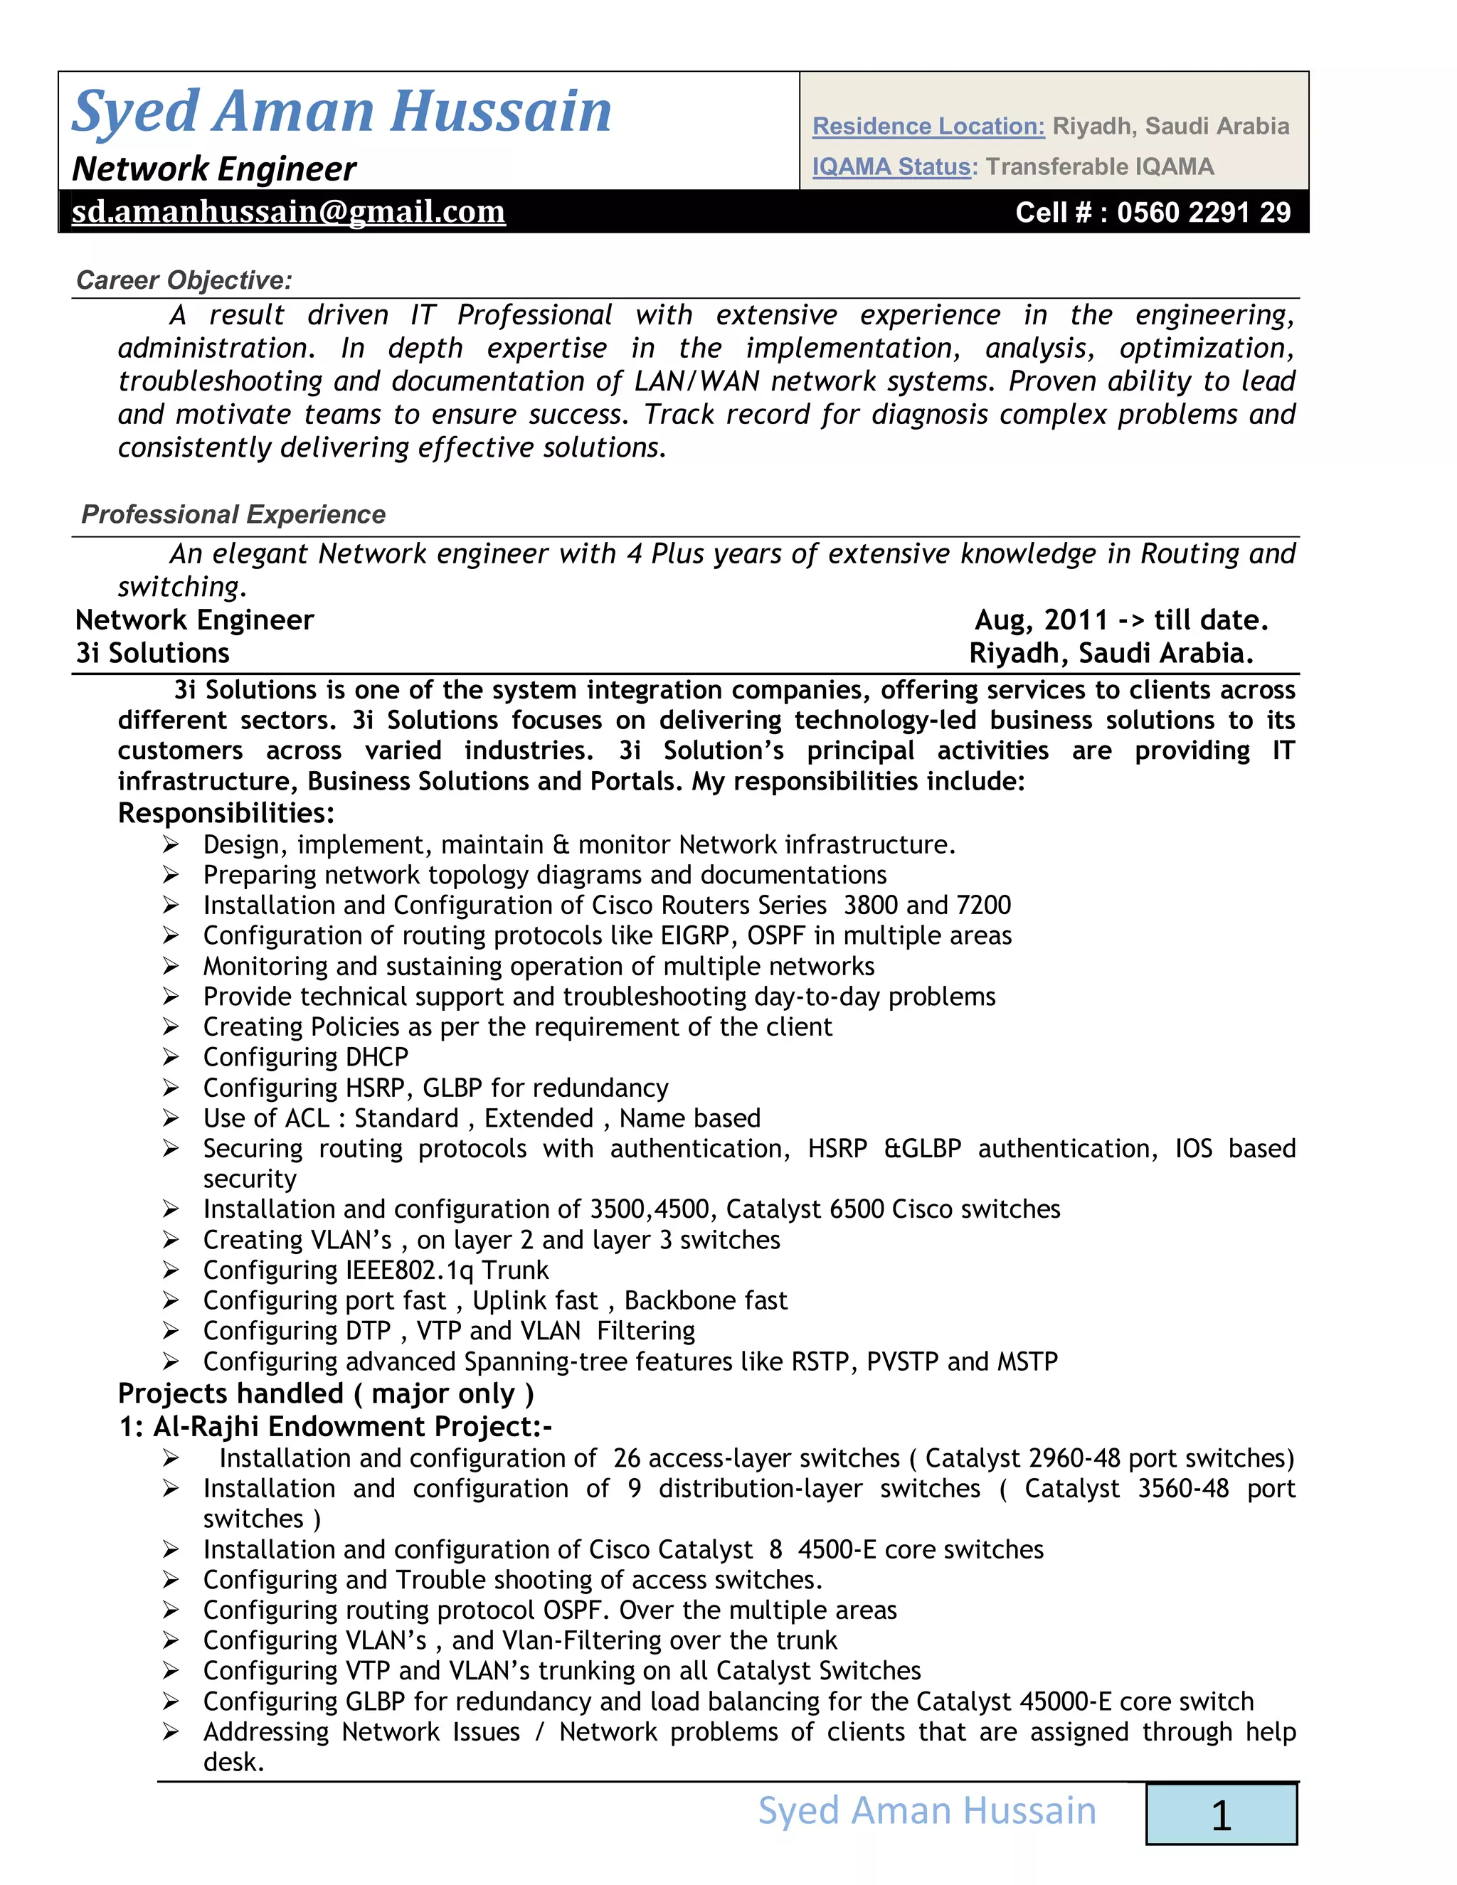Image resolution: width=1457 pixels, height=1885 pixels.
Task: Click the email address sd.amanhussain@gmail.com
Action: [287, 211]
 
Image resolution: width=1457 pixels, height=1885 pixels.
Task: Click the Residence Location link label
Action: [928, 126]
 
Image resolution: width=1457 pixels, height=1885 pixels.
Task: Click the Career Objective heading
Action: [184, 280]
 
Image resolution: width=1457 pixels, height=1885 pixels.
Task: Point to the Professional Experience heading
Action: [233, 514]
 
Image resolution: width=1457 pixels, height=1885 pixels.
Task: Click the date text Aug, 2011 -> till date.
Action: [1120, 620]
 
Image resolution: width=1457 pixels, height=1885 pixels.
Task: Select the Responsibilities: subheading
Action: [226, 813]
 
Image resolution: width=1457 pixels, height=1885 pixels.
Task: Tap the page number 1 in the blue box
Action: [1221, 1815]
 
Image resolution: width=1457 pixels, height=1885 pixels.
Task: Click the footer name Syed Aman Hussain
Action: [927, 1811]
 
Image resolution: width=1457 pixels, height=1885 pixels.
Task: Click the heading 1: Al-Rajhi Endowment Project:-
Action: [335, 1427]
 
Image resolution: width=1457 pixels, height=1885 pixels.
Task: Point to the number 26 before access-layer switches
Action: [627, 1459]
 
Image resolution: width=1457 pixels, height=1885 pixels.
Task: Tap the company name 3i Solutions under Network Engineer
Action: [153, 654]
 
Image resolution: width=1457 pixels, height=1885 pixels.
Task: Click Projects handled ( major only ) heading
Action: [325, 1394]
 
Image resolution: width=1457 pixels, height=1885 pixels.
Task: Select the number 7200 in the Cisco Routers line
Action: [982, 906]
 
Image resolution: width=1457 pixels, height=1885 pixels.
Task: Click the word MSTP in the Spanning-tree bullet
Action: [1027, 1362]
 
